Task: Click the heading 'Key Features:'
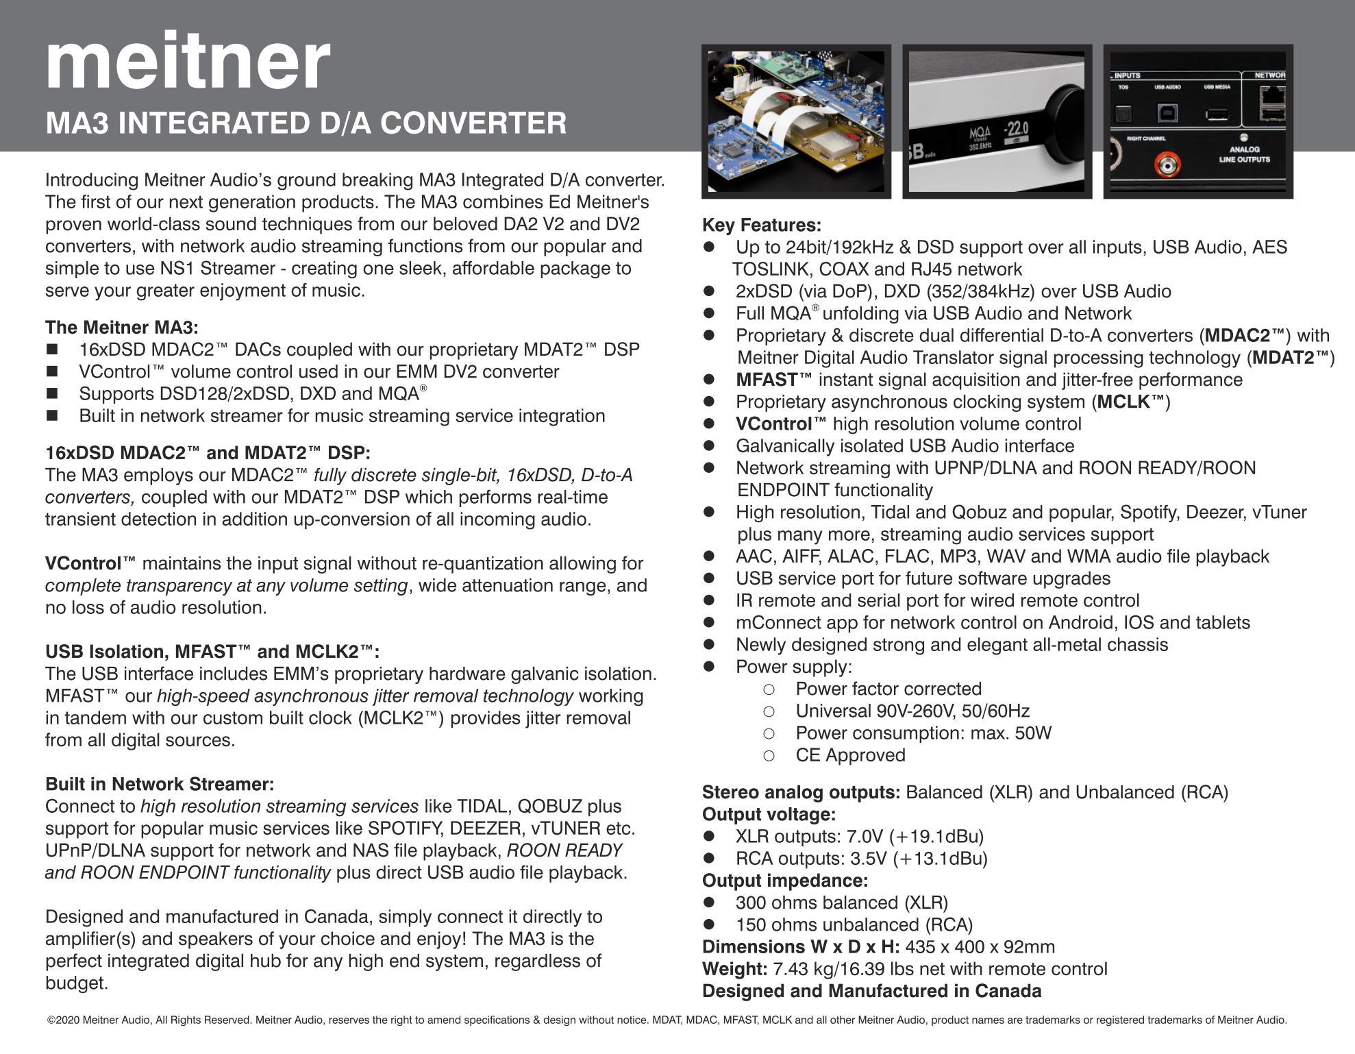(761, 225)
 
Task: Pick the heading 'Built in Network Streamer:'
(160, 784)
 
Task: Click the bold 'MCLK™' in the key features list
(1131, 402)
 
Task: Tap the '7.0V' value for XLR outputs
(865, 837)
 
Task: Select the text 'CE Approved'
(850, 755)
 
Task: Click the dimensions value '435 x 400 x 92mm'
(980, 947)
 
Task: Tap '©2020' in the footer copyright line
(63, 1020)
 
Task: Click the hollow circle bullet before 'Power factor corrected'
(769, 689)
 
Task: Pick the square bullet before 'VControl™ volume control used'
(52, 372)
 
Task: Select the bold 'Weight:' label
(734, 969)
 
